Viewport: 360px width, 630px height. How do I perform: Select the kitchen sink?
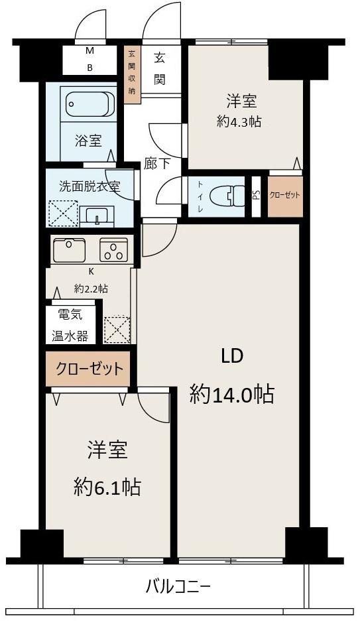coord(69,250)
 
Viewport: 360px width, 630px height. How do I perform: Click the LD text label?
coord(232,356)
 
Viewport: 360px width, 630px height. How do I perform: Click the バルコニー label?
coord(178,586)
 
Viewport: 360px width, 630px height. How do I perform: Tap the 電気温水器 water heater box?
coord(71,325)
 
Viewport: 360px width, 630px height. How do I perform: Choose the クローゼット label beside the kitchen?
coord(89,369)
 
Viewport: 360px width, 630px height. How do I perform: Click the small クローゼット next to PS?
coord(285,196)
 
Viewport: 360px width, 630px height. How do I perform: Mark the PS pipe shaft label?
coord(256,195)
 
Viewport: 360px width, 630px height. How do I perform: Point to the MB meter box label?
coord(89,59)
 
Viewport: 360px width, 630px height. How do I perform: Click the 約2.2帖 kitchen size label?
coord(91,288)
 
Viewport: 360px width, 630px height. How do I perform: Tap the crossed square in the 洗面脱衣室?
coord(62,214)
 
